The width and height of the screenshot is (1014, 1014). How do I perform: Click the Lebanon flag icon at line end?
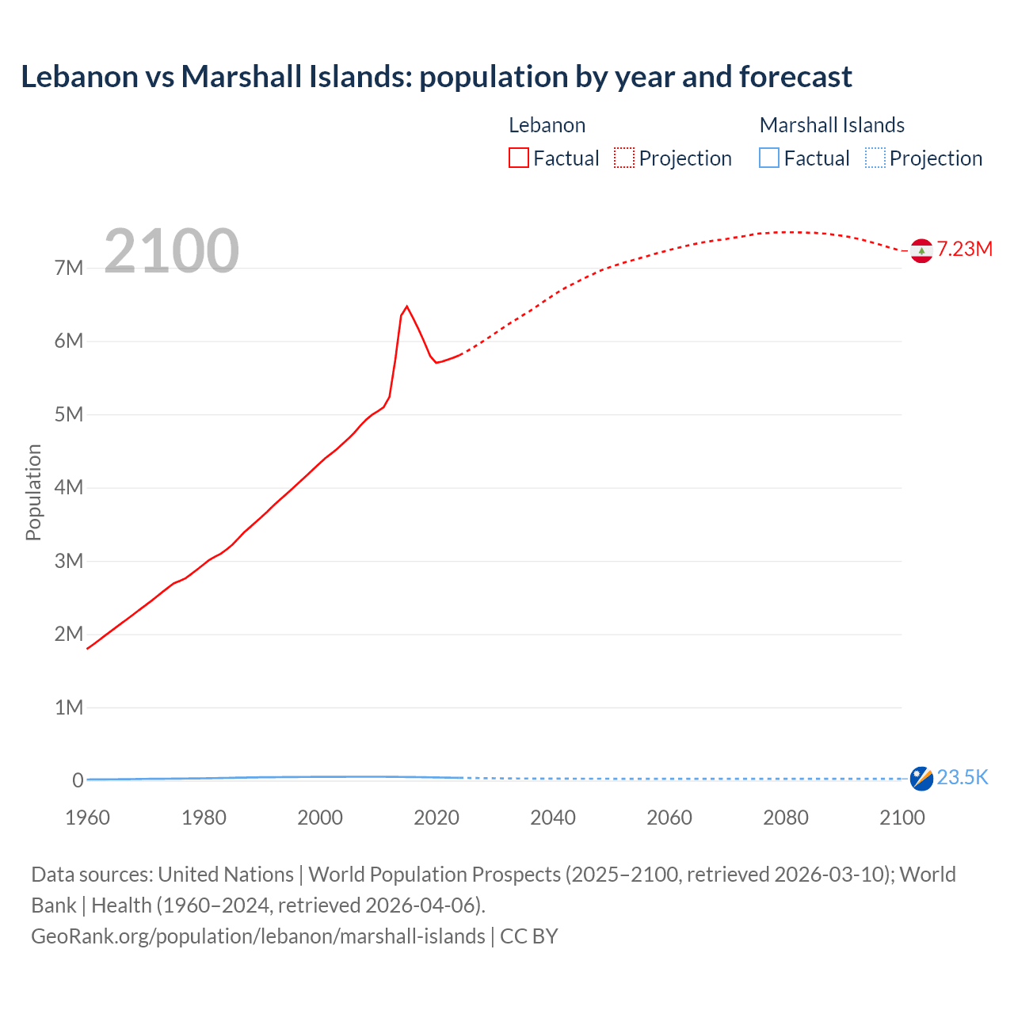click(921, 250)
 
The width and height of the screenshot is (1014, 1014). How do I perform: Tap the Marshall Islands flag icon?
click(921, 779)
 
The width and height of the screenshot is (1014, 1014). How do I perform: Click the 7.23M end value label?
click(965, 249)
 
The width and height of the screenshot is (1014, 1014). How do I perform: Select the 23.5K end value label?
click(963, 777)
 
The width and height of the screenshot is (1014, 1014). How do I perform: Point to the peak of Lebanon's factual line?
click(406, 306)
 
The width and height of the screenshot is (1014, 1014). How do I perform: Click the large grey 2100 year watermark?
click(171, 251)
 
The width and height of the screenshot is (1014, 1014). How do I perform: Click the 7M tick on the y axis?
click(69, 268)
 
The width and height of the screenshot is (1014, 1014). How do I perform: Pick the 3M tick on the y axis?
click(69, 561)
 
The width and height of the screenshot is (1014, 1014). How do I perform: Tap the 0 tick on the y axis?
click(78, 780)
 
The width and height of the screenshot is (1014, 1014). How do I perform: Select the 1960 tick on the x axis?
click(87, 818)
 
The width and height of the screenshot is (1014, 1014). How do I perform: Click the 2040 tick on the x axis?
click(553, 818)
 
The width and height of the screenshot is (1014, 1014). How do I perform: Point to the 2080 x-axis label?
click(786, 818)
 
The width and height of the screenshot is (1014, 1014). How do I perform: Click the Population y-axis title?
click(33, 492)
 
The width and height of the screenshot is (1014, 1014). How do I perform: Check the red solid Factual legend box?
click(519, 158)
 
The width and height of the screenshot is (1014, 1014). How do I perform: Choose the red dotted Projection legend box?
click(624, 158)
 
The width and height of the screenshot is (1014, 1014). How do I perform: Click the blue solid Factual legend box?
click(769, 158)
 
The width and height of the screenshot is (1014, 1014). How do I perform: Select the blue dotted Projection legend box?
click(875, 158)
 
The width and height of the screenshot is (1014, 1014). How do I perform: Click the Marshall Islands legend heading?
click(832, 125)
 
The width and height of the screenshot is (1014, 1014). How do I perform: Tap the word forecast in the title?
click(795, 77)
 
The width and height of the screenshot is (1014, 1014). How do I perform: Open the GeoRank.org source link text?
click(258, 936)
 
